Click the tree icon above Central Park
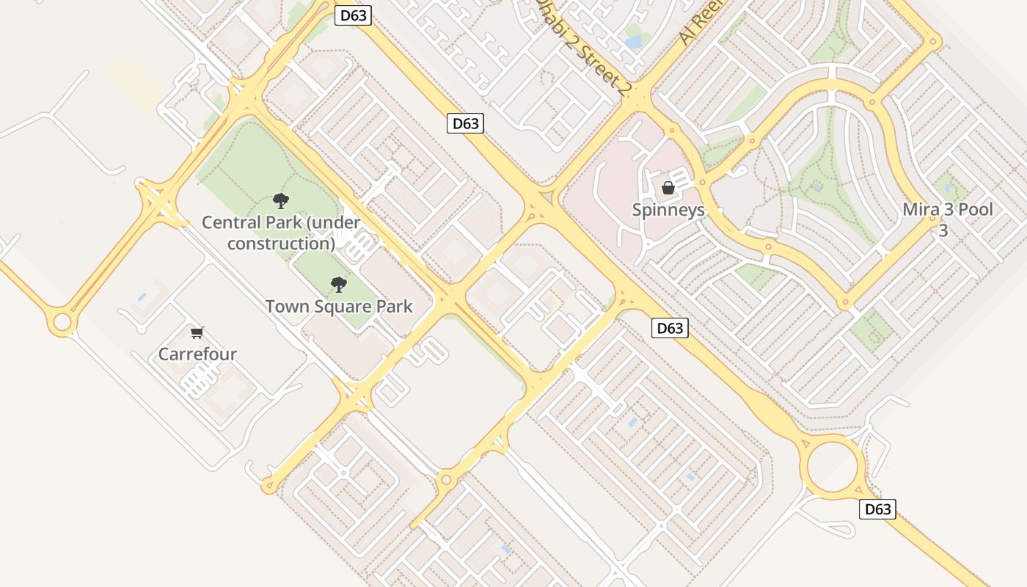point(280,200)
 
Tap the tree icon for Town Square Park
point(338,284)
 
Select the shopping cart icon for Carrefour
point(197,333)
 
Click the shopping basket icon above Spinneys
point(668,188)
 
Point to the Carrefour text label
point(197,354)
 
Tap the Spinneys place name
point(668,211)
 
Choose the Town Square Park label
point(339,306)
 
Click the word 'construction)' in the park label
point(281,243)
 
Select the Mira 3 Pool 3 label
point(947,219)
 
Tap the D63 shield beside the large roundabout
point(877,509)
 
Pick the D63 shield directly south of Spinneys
point(670,328)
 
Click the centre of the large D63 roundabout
point(833,464)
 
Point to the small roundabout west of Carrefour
point(62,322)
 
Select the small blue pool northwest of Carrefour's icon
point(142,297)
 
